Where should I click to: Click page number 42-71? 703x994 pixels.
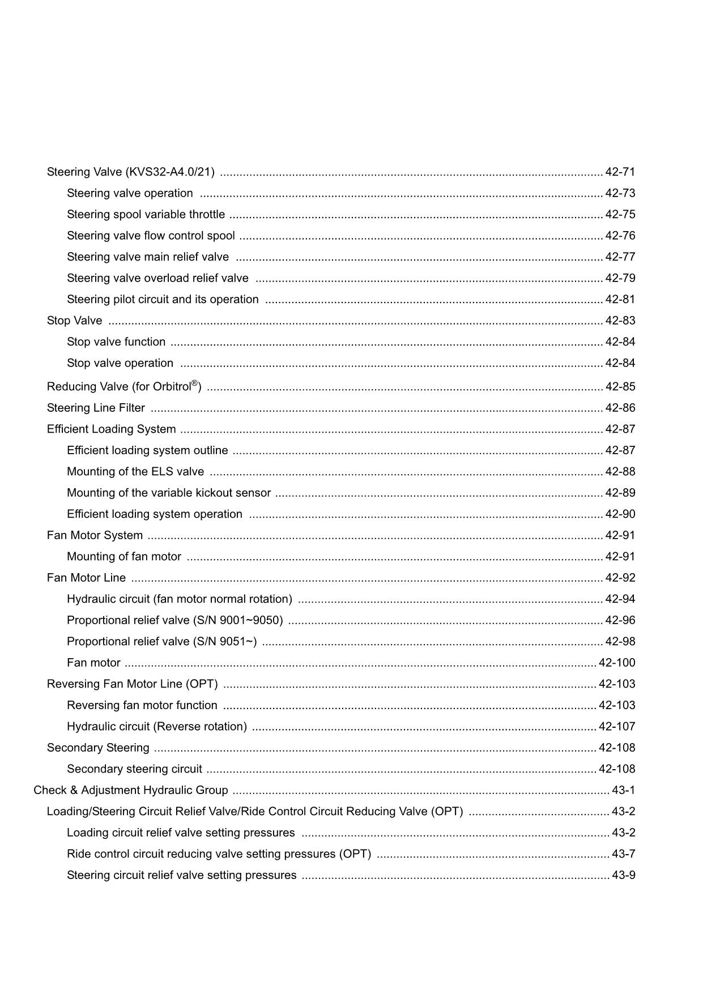tap(620, 172)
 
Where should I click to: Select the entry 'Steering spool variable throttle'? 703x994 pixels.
tap(146, 215)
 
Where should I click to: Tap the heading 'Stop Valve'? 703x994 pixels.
tap(74, 321)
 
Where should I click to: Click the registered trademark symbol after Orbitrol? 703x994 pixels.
tap(194, 383)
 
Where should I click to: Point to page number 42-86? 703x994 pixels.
tap(620, 408)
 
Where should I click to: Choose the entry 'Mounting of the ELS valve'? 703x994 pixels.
tap(135, 472)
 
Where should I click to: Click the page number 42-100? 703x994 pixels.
tap(617, 663)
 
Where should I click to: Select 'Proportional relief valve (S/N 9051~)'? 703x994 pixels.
tap(161, 642)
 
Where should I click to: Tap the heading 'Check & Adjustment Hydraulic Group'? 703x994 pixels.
tap(131, 791)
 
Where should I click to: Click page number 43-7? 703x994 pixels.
tap(623, 854)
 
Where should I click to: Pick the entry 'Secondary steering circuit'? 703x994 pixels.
tap(134, 769)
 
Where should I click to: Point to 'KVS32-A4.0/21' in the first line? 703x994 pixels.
tap(170, 172)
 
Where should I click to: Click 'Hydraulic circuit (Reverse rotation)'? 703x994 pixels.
tap(157, 727)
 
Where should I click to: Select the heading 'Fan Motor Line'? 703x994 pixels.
tap(86, 578)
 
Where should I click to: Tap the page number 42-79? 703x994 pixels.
tap(620, 279)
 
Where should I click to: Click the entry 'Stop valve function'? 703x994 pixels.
tap(116, 342)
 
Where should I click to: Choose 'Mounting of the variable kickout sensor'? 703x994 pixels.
tap(169, 493)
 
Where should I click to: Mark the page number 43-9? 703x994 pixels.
tap(623, 876)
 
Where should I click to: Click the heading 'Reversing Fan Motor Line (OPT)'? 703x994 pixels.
tap(132, 684)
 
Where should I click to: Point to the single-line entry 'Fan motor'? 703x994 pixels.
tap(93, 663)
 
